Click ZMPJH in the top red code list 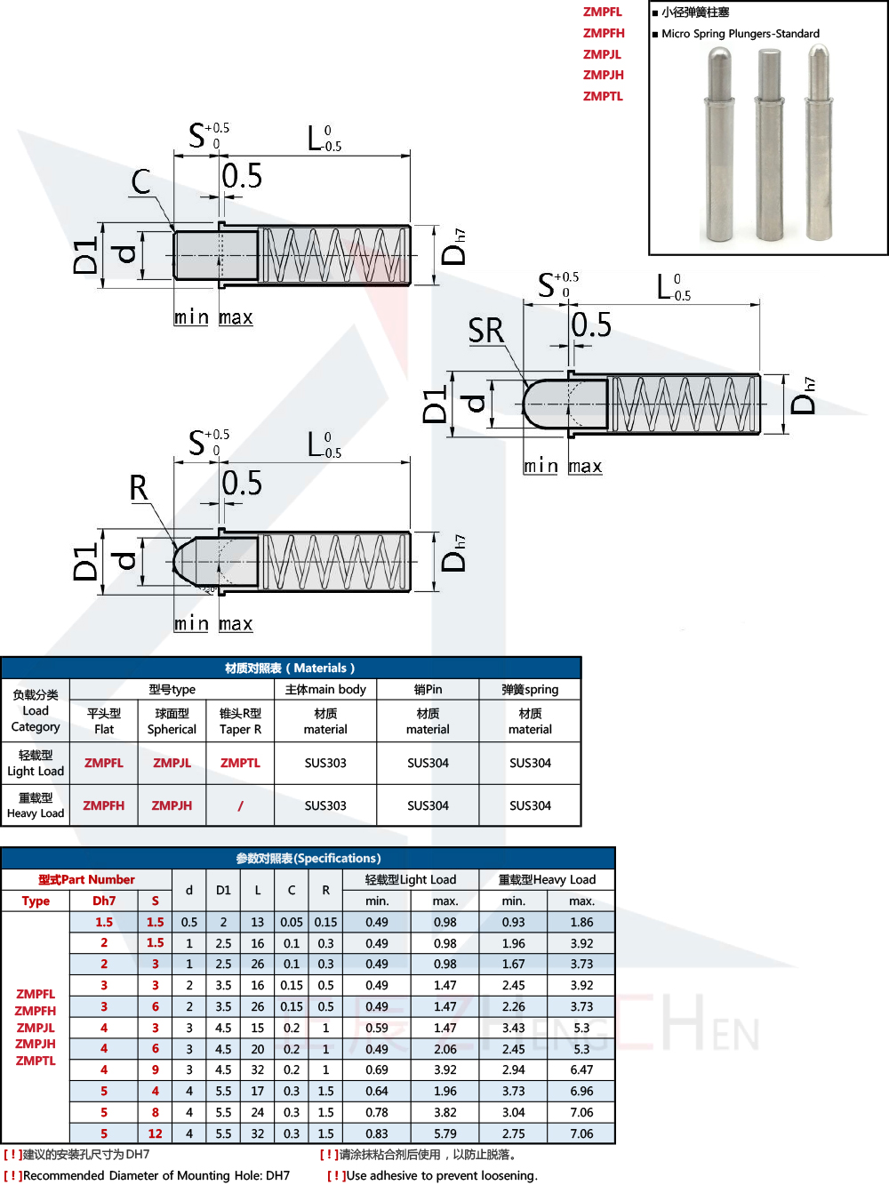[603, 75]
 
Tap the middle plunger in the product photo [769, 147]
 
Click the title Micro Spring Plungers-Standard [740, 34]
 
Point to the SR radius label [485, 331]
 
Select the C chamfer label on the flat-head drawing [140, 182]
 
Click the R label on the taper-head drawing [138, 488]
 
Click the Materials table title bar [291, 668]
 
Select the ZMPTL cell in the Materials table [240, 763]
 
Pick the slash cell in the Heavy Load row [240, 805]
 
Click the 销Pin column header [428, 689]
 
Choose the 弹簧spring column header [530, 689]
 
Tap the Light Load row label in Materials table [36, 763]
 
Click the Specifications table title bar [308, 858]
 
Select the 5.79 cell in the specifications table [444, 1133]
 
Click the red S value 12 [155, 1133]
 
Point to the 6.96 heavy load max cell [581, 1091]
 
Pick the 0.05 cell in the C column [291, 922]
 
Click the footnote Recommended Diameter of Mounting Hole [156, 1175]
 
